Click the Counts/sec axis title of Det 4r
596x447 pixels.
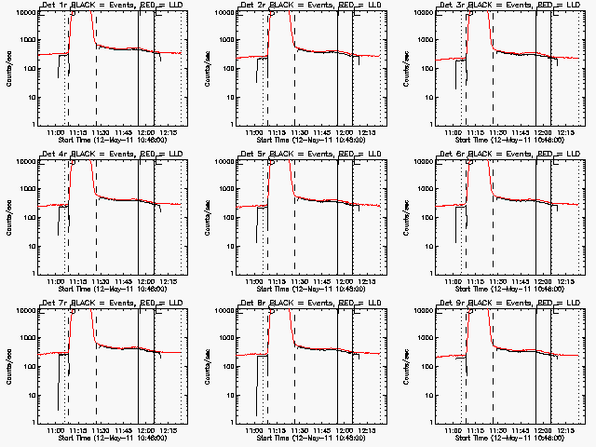[8, 216]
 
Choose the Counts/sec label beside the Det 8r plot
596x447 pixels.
[208, 365]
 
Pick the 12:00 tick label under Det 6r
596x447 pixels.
[546, 281]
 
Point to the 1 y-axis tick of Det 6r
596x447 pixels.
[431, 273]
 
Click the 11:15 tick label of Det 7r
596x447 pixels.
[78, 430]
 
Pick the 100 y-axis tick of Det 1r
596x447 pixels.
[28, 69]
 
